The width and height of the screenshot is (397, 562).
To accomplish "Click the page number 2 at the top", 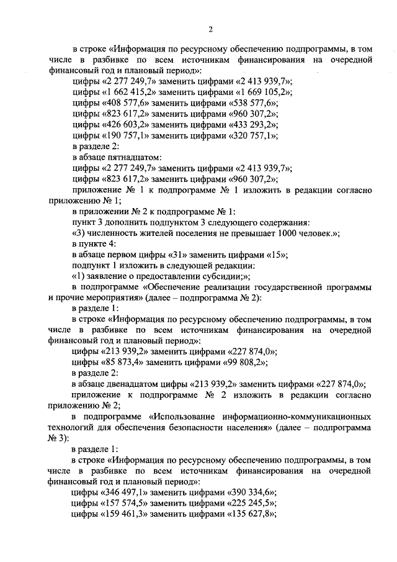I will pyautogui.click(x=210, y=29).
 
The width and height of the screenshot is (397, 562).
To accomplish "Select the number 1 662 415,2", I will pyautogui.click(x=130, y=93).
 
